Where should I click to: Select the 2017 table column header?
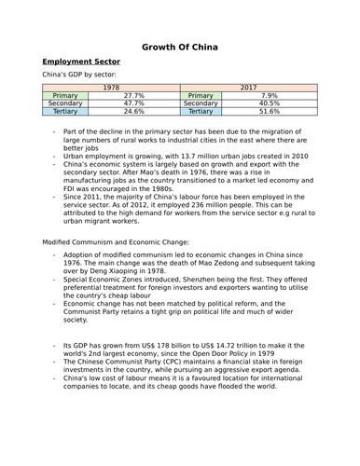point(247,86)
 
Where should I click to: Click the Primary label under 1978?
point(65,94)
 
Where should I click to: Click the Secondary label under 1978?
point(65,103)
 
